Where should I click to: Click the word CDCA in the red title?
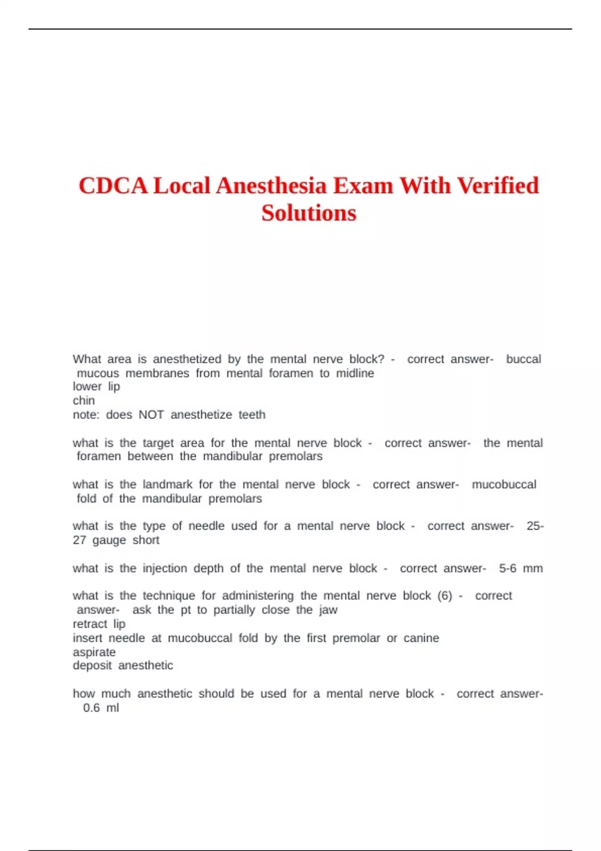coord(113,186)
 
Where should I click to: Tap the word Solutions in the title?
coord(309,213)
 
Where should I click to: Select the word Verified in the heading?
coord(498,186)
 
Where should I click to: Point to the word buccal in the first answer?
coord(523,359)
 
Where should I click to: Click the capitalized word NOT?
coord(151,414)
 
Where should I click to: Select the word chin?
coord(84,400)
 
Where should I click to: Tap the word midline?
coord(355,373)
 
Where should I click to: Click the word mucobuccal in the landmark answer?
coord(504,484)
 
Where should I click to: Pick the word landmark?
coord(167,484)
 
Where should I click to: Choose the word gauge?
coord(109,540)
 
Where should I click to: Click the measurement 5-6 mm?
coord(521,568)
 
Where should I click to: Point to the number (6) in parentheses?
coord(445,596)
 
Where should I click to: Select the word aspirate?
coord(94,652)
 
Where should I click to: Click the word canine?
coord(421,638)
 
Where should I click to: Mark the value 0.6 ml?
coord(101,708)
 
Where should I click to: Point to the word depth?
coord(208,569)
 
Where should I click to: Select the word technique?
coord(169,596)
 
